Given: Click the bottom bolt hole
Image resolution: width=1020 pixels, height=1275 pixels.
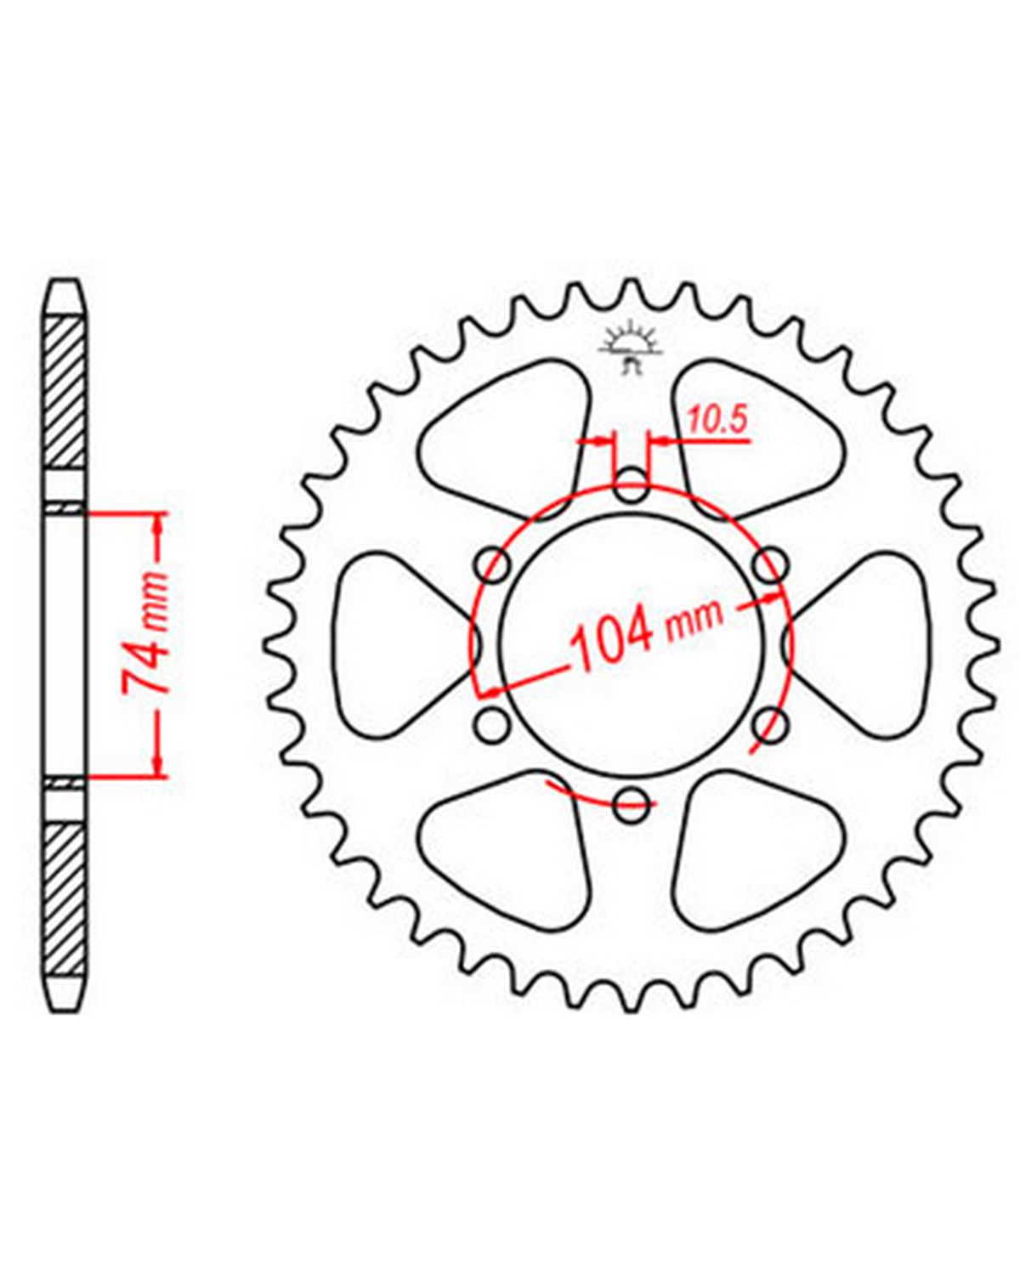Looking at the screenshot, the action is (x=631, y=804).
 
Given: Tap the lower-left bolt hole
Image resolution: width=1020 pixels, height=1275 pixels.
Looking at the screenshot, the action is (x=493, y=724).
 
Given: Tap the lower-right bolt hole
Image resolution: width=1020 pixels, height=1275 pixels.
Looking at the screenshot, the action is (x=769, y=724).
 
